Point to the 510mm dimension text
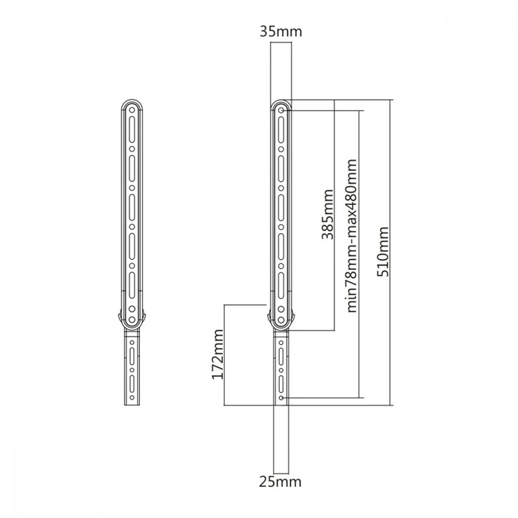click(383, 252)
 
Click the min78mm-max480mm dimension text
click(352, 235)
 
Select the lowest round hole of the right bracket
click(281, 397)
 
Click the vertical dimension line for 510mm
click(391, 185)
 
